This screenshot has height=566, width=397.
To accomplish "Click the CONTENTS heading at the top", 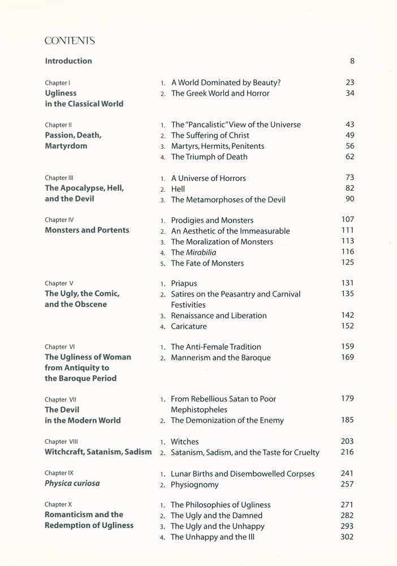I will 70,41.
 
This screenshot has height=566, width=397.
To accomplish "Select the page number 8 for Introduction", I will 352,61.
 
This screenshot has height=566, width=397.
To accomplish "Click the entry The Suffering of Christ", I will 210,135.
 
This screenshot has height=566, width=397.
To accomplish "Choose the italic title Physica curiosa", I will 72,483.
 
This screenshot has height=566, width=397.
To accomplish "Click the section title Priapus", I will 184,283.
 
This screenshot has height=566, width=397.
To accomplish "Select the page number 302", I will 347,537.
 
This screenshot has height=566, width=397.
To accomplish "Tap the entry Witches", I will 185,441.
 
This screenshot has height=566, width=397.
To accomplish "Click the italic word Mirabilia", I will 201,252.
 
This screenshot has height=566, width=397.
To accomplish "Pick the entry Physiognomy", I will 195,484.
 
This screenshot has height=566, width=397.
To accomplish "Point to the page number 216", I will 347,452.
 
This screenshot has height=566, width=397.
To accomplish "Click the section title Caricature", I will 189,326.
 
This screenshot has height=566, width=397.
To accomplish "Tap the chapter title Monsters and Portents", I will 87,230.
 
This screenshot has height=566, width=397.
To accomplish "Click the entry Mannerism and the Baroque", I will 221,358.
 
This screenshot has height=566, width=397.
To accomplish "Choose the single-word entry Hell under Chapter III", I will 178,189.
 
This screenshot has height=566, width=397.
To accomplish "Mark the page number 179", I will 347,399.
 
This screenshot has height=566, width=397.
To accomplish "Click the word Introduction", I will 68,61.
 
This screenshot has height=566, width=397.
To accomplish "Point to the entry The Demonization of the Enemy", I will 227,420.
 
